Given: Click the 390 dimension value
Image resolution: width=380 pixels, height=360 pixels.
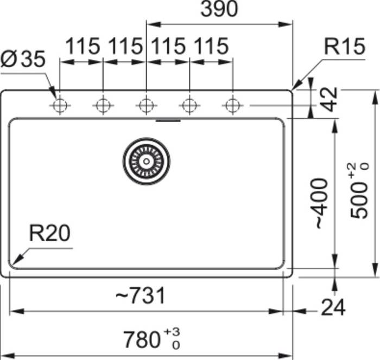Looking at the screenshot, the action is (219, 9).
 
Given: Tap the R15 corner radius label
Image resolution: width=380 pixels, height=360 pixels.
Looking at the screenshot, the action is (344, 46).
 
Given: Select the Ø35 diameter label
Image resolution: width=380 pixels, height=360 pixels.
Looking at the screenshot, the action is (23, 59).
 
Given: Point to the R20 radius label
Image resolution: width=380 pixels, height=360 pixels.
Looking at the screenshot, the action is (50, 233).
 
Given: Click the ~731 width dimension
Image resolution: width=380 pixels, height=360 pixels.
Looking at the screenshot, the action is (140, 295).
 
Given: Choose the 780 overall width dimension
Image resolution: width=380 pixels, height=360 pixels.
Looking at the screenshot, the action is (151, 339).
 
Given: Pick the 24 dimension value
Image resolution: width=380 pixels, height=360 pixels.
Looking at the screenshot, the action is (333, 307).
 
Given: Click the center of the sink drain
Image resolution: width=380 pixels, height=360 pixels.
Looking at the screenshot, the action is (146, 161).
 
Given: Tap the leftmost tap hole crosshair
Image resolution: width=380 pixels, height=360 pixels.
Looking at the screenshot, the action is (60, 106).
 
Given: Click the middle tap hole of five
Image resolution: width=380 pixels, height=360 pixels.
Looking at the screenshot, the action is (146, 106).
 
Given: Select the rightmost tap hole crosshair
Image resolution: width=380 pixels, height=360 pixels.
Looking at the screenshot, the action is (233, 106).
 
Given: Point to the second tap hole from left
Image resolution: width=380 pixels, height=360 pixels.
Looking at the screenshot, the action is (103, 106).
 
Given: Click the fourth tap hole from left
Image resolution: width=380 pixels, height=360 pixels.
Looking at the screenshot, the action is (189, 106).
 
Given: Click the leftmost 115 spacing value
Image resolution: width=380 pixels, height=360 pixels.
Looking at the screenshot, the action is (83, 46).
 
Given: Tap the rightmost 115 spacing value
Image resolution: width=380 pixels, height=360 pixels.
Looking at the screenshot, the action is (211, 46).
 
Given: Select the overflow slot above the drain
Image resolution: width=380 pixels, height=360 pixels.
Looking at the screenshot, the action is (168, 120).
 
